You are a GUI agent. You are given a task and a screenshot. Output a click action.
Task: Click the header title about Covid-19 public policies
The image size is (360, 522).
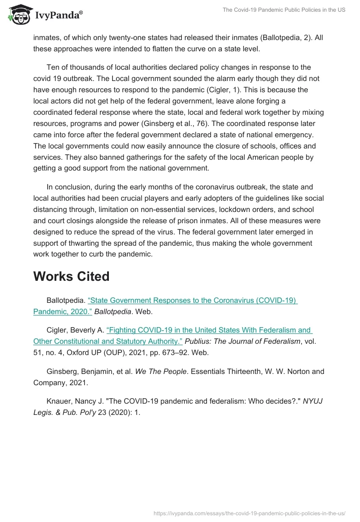point(284,10)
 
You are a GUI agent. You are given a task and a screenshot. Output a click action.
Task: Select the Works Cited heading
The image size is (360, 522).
point(71,276)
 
